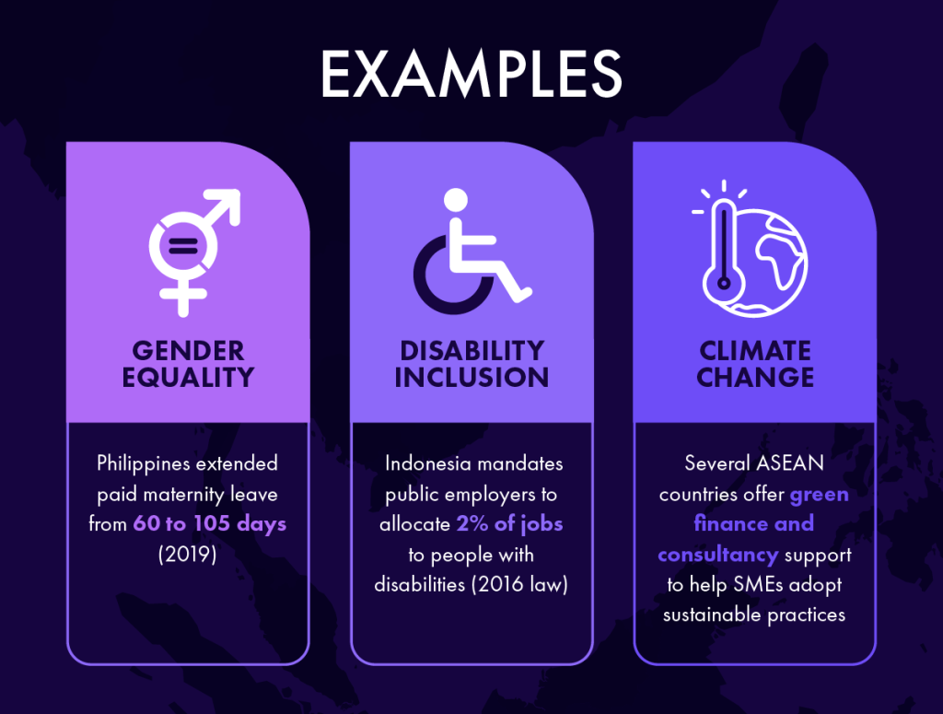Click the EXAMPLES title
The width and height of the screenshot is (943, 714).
(x=471, y=74)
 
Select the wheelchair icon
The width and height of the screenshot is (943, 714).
(x=472, y=251)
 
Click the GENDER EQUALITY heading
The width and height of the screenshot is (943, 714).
(x=188, y=364)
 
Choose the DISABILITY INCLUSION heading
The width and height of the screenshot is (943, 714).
(x=471, y=364)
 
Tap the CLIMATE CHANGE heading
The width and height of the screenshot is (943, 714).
(x=755, y=364)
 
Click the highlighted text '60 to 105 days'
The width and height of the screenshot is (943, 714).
(x=209, y=523)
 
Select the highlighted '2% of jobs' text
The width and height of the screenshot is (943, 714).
(x=509, y=523)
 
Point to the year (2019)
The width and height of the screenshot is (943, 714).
(x=187, y=554)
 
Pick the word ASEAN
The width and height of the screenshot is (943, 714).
(x=789, y=463)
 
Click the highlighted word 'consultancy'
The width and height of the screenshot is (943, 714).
(x=717, y=554)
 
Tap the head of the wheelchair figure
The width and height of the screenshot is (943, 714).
(x=455, y=200)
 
